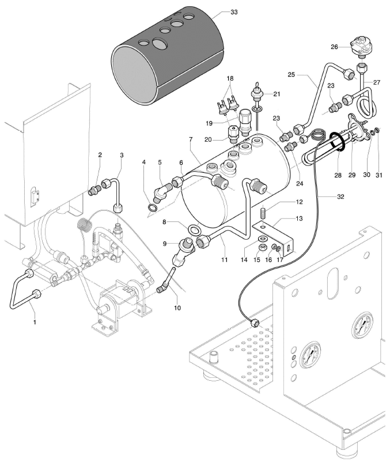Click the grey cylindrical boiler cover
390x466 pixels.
click(x=166, y=58)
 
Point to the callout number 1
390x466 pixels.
click(x=35, y=323)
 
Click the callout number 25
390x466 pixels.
click(x=291, y=75)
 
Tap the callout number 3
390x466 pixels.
click(x=122, y=155)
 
